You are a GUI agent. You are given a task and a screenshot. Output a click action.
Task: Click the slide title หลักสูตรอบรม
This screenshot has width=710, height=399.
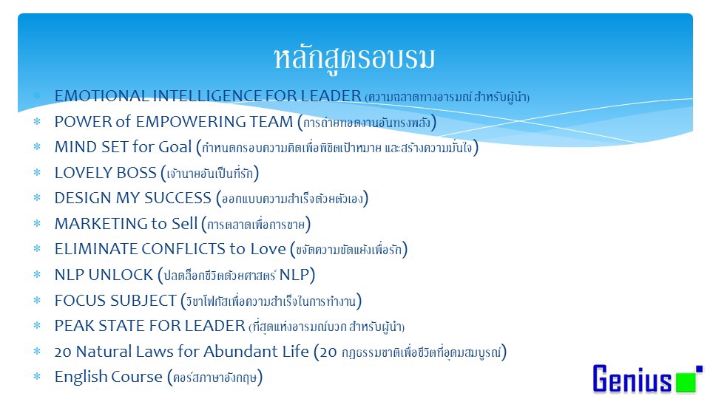point(354,58)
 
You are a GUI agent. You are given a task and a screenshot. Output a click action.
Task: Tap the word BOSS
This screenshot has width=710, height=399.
point(135,173)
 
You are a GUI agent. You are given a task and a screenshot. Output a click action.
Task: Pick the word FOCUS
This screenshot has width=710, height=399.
point(78,300)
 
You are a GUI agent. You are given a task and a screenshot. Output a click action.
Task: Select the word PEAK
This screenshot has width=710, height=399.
point(72,326)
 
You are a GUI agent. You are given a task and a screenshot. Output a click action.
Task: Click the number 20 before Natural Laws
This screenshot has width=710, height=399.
point(62,352)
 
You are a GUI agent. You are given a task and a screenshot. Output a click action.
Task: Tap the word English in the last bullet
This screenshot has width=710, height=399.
point(81,377)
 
